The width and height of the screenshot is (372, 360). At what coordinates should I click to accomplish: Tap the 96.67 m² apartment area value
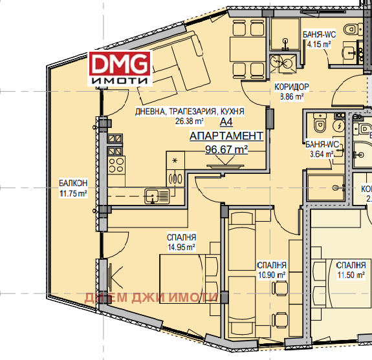226,149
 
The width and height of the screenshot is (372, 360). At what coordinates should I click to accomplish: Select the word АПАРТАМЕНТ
226,136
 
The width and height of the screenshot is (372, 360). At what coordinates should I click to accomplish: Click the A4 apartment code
226,122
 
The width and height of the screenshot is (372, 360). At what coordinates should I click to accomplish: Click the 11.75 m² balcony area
72,193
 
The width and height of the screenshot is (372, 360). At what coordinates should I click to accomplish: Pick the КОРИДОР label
291,87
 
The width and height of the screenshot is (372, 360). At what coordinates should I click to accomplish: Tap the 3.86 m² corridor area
291,98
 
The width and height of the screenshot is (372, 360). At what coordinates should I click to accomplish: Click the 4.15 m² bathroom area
317,45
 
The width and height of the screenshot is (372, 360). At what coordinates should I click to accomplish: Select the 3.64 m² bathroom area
321,154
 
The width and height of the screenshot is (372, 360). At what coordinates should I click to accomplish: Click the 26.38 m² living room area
170,121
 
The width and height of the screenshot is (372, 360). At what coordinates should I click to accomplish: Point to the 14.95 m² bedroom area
181,246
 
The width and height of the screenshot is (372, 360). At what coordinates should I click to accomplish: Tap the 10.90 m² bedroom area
272,275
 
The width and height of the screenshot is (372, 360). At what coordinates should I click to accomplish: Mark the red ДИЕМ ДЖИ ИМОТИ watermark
150,297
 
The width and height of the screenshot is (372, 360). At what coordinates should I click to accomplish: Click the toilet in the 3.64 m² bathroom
318,123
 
